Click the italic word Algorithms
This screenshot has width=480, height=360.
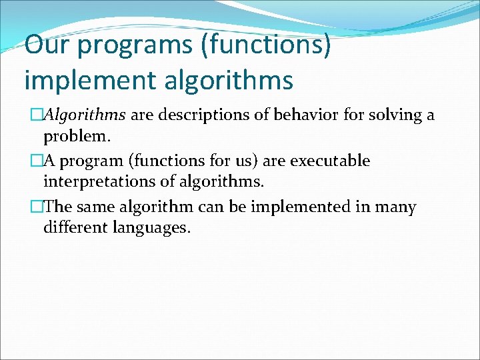click(85, 115)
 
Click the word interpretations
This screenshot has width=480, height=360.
click(97, 182)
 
